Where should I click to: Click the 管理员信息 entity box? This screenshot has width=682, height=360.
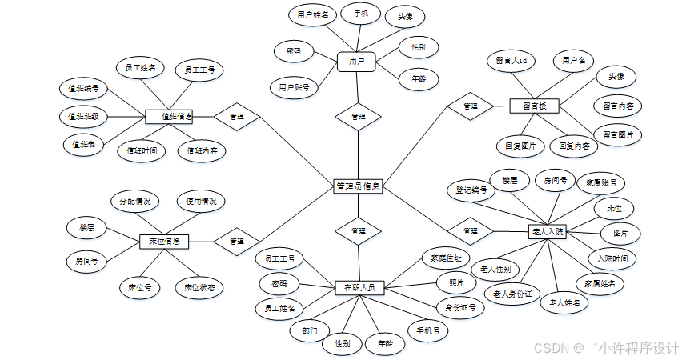click(358, 186)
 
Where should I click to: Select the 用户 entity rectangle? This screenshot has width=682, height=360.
click(356, 61)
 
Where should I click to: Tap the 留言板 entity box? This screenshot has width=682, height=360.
click(534, 106)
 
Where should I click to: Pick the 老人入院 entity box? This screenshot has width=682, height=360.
click(548, 231)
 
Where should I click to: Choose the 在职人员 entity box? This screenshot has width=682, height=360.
click(359, 286)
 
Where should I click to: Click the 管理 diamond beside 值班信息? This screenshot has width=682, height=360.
click(237, 117)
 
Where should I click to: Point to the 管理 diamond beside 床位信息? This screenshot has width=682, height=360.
click(237, 240)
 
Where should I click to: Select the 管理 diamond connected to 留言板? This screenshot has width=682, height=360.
click(471, 106)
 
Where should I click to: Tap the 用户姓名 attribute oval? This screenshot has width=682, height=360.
click(312, 15)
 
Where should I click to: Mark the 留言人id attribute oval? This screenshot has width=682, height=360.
click(511, 61)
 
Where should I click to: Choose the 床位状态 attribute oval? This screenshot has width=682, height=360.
click(199, 286)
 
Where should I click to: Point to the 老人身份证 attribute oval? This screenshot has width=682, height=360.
click(513, 294)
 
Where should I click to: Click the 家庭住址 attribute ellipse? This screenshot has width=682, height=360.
click(446, 258)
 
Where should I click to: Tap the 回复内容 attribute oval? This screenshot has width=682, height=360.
click(573, 146)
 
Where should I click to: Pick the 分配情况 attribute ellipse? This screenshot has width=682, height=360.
click(134, 201)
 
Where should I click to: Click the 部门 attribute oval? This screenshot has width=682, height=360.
click(310, 330)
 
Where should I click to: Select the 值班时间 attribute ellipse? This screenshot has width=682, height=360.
click(142, 150)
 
